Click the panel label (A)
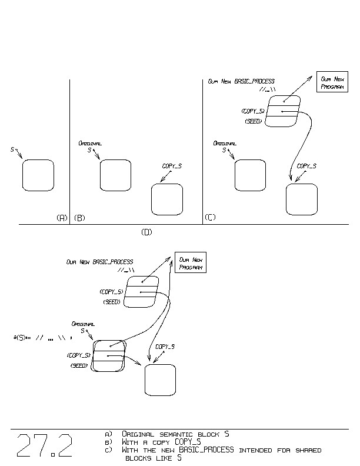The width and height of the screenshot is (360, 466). click(62, 218)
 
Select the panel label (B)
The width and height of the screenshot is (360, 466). click(79, 218)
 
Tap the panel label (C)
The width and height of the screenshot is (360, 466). click(210, 218)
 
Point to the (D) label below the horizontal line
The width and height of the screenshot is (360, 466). click(146, 232)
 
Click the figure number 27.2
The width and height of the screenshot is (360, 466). click(45, 446)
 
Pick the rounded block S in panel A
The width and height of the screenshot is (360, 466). click(38, 175)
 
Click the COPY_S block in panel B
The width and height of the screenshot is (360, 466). click(167, 199)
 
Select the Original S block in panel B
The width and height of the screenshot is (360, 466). click(115, 175)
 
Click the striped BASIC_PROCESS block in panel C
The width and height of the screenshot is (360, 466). click(282, 111)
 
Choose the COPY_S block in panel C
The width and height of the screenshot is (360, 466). click(302, 199)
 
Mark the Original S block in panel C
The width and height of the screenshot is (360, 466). click(250, 175)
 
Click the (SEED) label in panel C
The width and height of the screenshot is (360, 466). click(254, 121)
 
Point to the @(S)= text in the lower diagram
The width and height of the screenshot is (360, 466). click(21, 338)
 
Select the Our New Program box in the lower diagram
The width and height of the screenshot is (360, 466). click(191, 263)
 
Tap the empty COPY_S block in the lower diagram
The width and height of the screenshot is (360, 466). click(160, 380)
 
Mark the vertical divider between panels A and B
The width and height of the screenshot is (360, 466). click(70, 152)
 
